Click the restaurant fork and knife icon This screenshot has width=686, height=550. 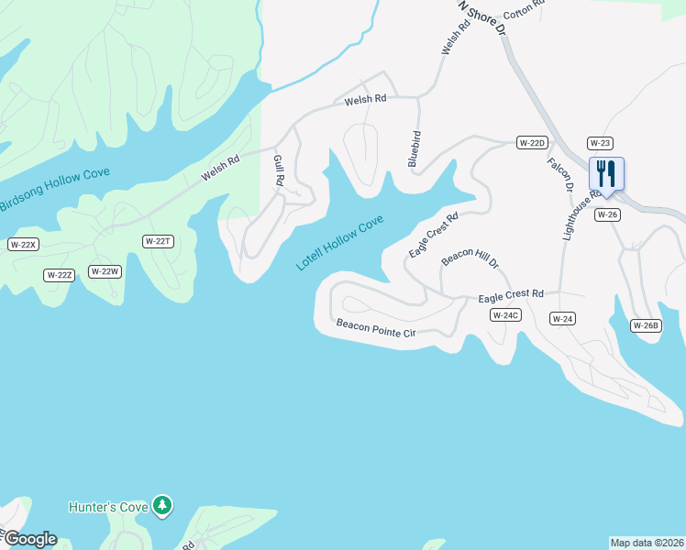tap(605, 173)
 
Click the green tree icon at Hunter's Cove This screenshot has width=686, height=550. tap(162, 504)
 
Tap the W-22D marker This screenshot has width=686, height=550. tap(532, 142)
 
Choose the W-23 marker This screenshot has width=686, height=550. tap(600, 143)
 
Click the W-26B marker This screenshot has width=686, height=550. tap(646, 325)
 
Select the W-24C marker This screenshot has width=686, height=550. tap(505, 315)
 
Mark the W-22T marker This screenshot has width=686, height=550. tap(158, 240)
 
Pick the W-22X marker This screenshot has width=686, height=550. tap(22, 244)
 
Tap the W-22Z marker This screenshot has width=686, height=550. tap(59, 275)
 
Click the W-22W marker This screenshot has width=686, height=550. tap(105, 271)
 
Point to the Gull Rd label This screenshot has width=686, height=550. tap(278, 170)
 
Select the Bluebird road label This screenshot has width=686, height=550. tap(415, 148)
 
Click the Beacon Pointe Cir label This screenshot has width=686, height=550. tap(376, 328)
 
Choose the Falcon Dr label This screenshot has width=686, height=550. tap(559, 174)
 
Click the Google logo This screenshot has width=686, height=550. tap(29, 539)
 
